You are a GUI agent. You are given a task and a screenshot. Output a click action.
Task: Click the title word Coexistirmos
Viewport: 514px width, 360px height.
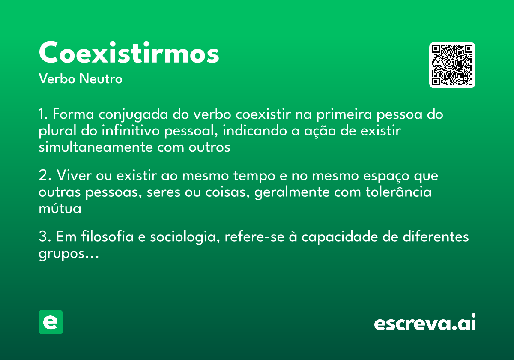(x=129, y=53)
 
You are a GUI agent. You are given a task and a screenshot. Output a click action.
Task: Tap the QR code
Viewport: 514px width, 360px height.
(x=452, y=65)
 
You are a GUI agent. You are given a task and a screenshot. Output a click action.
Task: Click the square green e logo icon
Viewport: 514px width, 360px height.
(x=51, y=322)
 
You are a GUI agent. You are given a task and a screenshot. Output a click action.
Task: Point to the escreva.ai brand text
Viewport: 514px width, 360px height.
(x=425, y=323)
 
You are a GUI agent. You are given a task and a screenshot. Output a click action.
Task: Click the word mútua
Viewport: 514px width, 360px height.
(x=60, y=208)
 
